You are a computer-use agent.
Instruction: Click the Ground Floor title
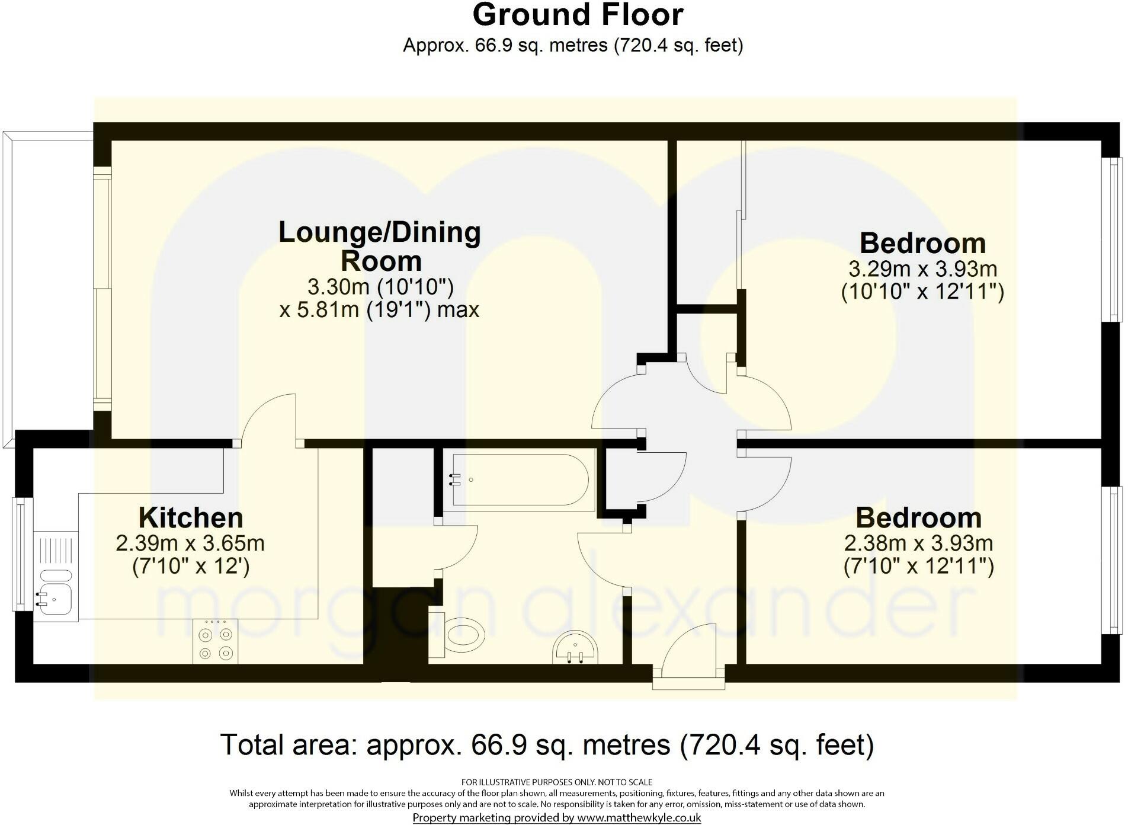578,15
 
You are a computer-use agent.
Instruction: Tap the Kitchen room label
191,517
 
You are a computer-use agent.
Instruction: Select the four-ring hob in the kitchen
215,642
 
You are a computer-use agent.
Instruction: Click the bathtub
518,480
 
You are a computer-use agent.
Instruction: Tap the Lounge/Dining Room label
379,246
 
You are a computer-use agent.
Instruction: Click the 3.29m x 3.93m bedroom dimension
922,269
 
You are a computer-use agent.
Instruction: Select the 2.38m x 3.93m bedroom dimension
918,543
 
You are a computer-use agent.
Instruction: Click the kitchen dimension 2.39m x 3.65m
190,543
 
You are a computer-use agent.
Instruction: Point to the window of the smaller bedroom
1111,560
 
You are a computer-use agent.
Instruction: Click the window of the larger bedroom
1111,239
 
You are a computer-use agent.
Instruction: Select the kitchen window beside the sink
21,554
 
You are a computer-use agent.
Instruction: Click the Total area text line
547,744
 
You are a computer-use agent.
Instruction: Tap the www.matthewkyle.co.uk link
639,818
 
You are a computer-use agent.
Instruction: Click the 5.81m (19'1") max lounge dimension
379,310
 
